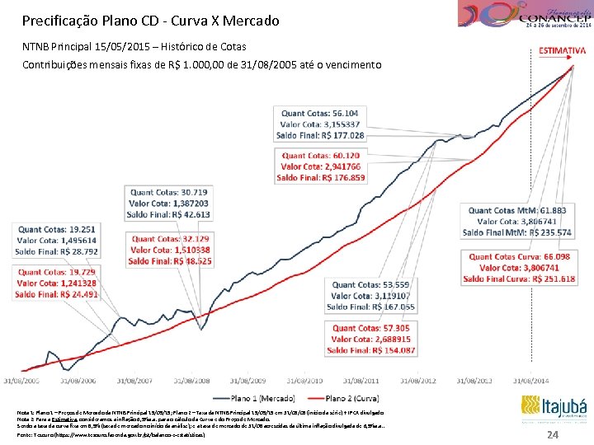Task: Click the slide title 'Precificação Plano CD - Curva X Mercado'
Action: [x=151, y=20]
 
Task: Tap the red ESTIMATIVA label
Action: [x=562, y=51]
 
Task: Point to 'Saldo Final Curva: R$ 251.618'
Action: [x=519, y=279]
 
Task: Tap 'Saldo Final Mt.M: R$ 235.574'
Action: [x=517, y=233]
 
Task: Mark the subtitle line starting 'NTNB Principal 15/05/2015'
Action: [x=134, y=46]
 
